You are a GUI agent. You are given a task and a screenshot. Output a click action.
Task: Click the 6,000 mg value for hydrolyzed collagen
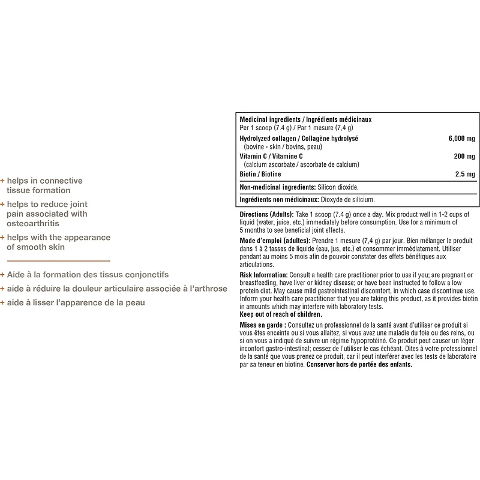coord(461,139)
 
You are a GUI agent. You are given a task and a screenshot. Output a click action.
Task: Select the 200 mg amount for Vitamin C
coord(464,156)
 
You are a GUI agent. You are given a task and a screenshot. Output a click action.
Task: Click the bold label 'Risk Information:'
coord(263,275)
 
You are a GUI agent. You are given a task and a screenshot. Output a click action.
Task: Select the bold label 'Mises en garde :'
coord(262,325)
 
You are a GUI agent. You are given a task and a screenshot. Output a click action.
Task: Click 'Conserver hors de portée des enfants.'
coord(359,364)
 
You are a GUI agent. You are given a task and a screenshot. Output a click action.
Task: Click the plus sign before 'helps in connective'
coord(2,181)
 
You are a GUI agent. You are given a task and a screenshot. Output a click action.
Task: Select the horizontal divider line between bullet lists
coord(59,261)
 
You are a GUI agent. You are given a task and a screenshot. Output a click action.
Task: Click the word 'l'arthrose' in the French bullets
coord(207,289)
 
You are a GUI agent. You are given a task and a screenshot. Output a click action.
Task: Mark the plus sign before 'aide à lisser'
coord(2,302)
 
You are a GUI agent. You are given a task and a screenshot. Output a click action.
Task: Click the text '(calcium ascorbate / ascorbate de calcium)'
coord(301,164)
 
